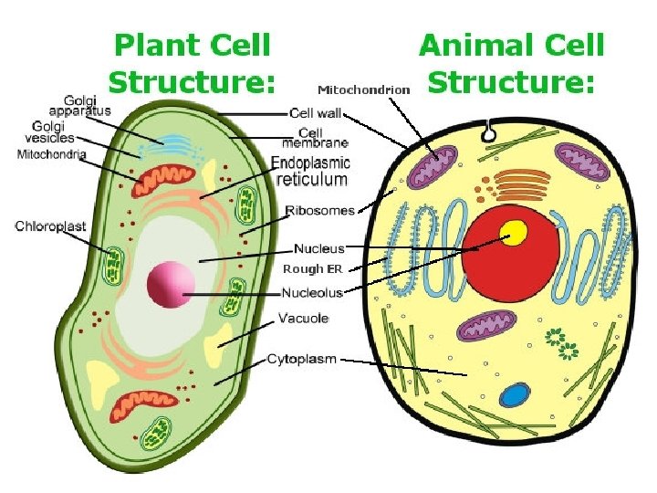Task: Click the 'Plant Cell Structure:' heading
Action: coord(191,63)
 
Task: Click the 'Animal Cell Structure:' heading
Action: coord(511,63)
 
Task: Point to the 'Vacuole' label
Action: coord(303,319)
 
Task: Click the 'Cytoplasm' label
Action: coord(301,359)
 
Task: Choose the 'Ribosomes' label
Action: coord(319,210)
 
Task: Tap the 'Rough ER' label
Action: coord(313,268)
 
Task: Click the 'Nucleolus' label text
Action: coord(312,293)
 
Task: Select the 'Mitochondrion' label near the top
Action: coord(363,89)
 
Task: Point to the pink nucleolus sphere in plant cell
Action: coord(171,284)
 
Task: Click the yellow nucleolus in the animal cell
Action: coord(516,233)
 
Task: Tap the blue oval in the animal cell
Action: coord(516,396)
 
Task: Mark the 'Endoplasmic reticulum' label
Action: coord(310,171)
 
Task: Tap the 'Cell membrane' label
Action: coord(315,138)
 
